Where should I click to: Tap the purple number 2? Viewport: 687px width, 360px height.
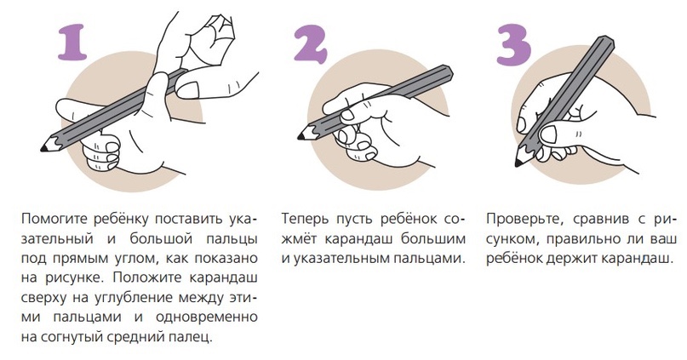click(310, 43)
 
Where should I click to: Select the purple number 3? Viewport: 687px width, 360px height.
click(514, 43)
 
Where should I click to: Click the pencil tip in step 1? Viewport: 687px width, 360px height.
click(44, 148)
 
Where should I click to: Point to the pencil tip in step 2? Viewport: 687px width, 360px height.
click(301, 137)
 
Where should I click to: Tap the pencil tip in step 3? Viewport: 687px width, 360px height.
click(518, 163)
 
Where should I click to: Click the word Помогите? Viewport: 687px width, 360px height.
click(52, 219)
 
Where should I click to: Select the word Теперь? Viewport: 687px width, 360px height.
click(304, 218)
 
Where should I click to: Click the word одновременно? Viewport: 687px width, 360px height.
click(207, 317)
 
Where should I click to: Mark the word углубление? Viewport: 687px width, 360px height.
click(135, 298)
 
